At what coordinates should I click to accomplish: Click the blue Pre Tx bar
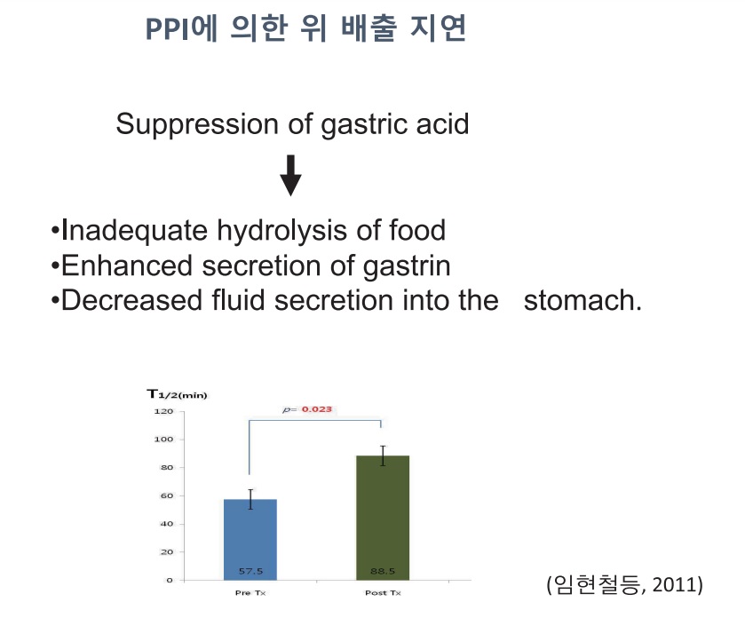250,540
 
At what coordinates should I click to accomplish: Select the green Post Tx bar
383,518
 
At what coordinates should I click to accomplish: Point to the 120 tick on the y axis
163,411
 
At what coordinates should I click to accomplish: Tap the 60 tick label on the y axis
167,496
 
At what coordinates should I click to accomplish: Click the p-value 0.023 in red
317,409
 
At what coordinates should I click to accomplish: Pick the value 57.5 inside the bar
250,571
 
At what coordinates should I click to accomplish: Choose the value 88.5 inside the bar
383,571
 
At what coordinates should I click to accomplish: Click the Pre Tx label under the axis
250,593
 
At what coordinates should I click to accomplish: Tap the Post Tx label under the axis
383,593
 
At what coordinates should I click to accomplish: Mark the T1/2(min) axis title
177,394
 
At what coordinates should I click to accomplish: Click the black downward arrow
290,175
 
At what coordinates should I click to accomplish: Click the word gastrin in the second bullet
407,266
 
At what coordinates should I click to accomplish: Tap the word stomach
582,301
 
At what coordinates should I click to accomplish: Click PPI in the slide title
167,29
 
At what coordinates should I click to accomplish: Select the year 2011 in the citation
674,584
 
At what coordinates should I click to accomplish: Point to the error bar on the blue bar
250,499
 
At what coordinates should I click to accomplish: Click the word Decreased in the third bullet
132,301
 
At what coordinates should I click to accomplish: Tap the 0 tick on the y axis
170,581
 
